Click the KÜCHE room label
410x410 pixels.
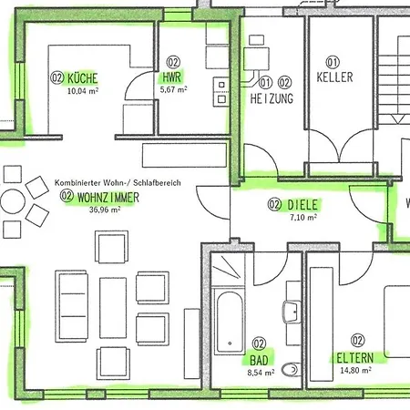[82, 78]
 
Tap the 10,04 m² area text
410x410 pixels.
[83, 90]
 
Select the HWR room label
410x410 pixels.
[172, 77]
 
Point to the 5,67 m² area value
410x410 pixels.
[173, 89]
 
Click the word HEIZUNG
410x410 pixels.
[272, 98]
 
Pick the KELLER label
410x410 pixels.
[334, 77]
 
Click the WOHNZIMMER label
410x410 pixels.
[108, 198]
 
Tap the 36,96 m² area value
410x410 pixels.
[105, 210]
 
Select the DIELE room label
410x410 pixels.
[302, 205]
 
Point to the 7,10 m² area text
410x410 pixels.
[303, 218]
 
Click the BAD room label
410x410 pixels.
[259, 361]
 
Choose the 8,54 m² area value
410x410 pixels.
[261, 373]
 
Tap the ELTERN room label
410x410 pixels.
[355, 358]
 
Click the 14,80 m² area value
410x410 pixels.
[355, 370]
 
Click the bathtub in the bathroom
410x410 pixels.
[230, 322]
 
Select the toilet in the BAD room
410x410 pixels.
[292, 369]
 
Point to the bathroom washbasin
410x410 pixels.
[292, 312]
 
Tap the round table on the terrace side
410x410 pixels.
[13, 201]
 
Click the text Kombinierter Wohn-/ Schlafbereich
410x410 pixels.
[118, 183]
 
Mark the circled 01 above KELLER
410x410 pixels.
[333, 62]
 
